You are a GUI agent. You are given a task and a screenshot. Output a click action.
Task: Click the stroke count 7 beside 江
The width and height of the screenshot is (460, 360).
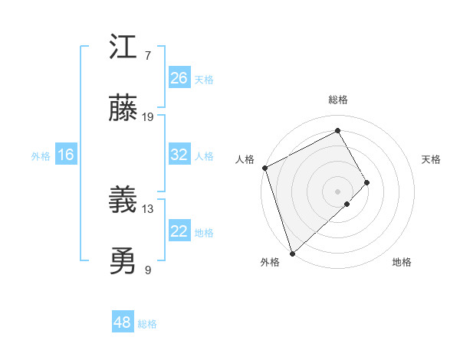pyautogui.click(x=148, y=56)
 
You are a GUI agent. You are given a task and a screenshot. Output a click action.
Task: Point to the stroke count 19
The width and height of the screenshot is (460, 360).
pyautogui.click(x=148, y=117)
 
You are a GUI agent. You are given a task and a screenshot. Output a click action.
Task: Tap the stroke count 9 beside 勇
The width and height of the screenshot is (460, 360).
pyautogui.click(x=148, y=270)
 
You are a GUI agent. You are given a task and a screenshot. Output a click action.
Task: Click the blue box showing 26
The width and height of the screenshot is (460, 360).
pyautogui.click(x=179, y=77)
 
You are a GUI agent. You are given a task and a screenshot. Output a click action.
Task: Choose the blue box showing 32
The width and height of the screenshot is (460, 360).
pyautogui.click(x=179, y=155)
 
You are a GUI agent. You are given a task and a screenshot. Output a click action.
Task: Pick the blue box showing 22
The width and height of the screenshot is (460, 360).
pyautogui.click(x=179, y=231)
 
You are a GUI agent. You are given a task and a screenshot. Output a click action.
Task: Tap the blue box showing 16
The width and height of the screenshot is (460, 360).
pyautogui.click(x=66, y=155)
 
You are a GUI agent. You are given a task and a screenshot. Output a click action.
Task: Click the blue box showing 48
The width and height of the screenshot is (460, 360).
pyautogui.click(x=123, y=322)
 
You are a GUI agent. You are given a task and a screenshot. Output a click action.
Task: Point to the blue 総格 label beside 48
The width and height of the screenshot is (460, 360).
pyautogui.click(x=148, y=324)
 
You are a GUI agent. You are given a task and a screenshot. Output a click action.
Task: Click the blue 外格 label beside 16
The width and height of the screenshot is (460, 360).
pyautogui.click(x=41, y=156)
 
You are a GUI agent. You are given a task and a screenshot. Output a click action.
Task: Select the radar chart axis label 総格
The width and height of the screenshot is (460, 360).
pyautogui.click(x=338, y=100)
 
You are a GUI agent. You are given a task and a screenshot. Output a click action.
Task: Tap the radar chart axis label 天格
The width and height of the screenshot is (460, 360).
pyautogui.click(x=432, y=159)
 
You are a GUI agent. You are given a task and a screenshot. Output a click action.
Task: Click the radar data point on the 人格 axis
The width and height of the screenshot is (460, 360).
pyautogui.click(x=264, y=168)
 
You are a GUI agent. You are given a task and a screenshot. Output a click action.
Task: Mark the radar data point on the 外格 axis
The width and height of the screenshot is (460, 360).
pyautogui.click(x=292, y=252)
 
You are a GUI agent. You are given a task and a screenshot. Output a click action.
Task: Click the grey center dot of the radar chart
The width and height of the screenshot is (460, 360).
pyautogui.click(x=337, y=190)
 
